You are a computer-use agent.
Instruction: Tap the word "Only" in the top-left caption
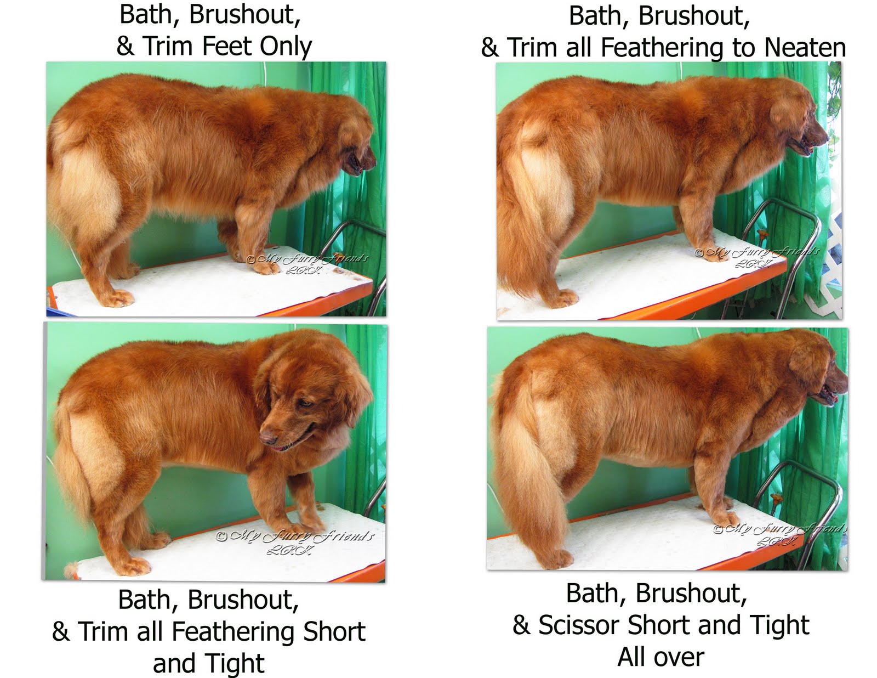(x=286, y=47)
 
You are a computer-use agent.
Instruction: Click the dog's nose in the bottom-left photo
(x=267, y=438)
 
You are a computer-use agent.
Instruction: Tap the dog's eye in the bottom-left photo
(x=305, y=403)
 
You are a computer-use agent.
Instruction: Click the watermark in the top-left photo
(x=307, y=262)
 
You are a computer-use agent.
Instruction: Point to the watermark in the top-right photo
(x=757, y=257)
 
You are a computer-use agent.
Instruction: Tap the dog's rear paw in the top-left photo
(x=117, y=298)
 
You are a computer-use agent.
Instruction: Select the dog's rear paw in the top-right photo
(x=565, y=298)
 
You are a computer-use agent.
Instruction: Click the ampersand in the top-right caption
(x=489, y=48)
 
